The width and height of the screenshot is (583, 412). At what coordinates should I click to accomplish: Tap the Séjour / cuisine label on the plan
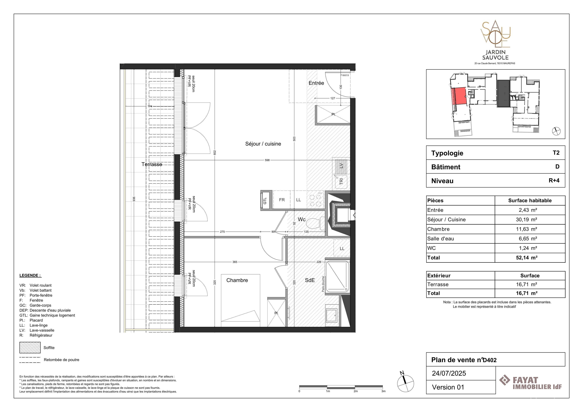point(263,144)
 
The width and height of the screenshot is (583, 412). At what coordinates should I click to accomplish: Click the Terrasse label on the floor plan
point(152,164)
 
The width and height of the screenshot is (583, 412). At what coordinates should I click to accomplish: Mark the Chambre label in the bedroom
point(237,280)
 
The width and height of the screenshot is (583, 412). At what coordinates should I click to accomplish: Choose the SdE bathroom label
point(310,280)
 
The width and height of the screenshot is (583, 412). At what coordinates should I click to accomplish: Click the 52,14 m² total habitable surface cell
point(526,258)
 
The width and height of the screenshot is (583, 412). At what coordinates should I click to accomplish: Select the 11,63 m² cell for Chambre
point(526,229)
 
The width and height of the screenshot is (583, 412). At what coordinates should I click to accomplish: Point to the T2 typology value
point(556,153)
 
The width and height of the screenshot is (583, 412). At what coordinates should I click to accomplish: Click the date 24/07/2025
point(449,373)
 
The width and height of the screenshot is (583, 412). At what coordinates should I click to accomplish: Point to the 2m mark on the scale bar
point(356,391)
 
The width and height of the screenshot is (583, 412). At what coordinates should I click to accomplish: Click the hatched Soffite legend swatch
point(30,348)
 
